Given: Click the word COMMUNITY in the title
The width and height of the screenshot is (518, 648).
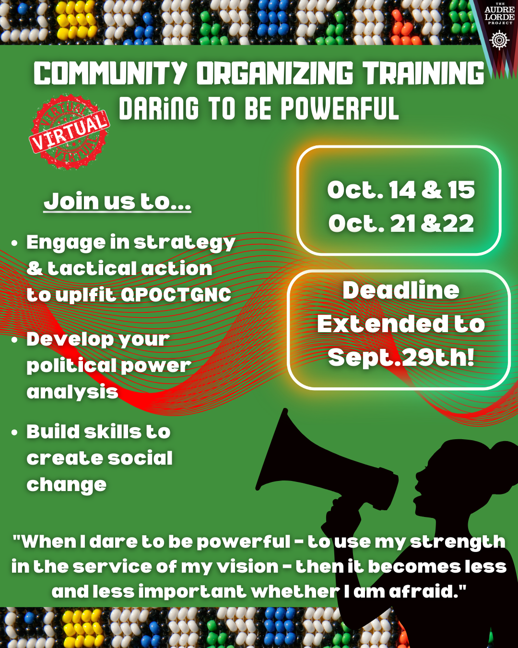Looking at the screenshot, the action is click(110, 73).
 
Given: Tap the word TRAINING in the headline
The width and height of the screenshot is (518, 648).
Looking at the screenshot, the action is click(423, 73).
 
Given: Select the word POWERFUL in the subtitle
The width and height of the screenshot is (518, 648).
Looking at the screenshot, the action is click(340, 108).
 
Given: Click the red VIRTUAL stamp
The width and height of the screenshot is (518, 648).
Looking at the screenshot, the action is click(70, 132).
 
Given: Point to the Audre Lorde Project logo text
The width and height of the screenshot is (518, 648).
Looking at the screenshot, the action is click(499, 14).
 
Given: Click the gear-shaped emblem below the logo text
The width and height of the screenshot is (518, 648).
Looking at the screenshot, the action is click(499, 40).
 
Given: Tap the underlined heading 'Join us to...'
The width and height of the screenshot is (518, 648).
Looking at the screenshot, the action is click(117, 201).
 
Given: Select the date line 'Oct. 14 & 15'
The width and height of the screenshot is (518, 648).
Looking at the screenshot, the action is click(401, 190).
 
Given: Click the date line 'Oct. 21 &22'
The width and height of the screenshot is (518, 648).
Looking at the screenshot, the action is click(401, 223).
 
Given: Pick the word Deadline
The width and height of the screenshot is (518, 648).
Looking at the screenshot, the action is click(401, 290).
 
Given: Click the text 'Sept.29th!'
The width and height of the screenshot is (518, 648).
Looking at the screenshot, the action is click(401, 358).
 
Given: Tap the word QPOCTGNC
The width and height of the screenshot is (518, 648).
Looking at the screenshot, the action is click(176, 295).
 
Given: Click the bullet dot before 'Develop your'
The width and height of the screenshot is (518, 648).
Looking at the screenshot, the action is click(14, 340).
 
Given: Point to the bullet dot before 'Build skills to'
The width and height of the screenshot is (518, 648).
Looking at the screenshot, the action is click(14, 432).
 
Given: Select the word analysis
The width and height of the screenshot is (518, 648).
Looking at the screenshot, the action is click(72, 392).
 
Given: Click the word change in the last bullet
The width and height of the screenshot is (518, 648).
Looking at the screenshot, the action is click(67, 485).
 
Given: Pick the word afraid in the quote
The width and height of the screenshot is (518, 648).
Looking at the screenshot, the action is click(427, 592).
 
